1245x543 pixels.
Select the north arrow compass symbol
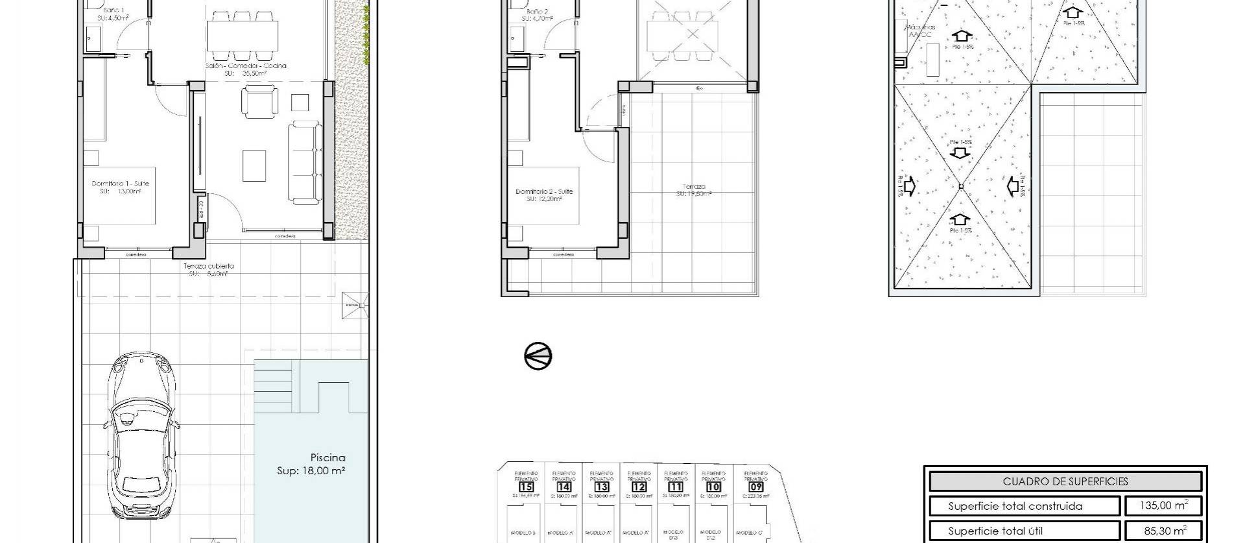pos(538,356)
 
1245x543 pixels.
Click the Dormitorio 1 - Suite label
pos(120,184)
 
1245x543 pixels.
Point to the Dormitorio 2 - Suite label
pos(544,191)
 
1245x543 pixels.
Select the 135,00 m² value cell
pos(1165,506)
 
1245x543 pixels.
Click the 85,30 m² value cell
pos(1165,530)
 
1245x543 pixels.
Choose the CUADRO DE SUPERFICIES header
pos(1065,481)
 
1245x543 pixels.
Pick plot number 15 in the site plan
pos(526,487)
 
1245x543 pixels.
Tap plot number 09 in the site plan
pos(755,487)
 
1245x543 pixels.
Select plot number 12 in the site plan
pos(639,487)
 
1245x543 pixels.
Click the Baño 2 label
pos(538,12)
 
